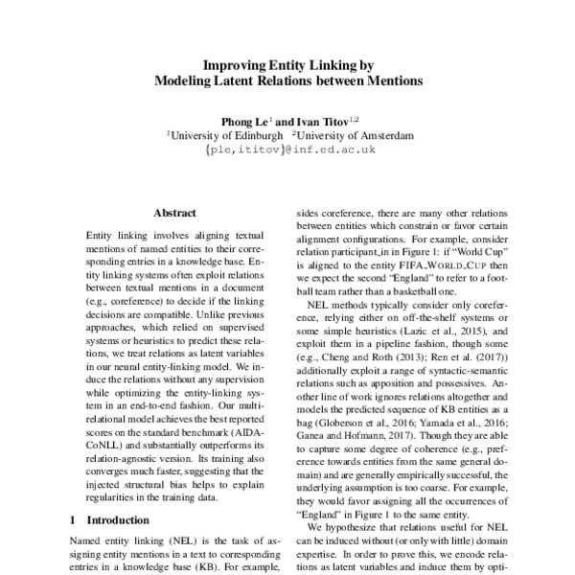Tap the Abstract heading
tap(174, 214)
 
